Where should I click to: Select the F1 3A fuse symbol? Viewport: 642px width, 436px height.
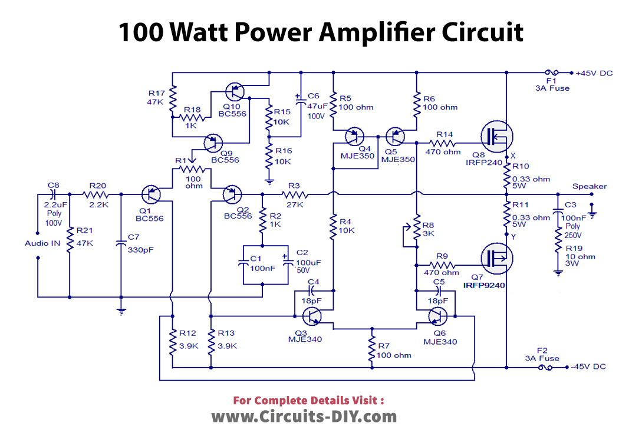[x=551, y=73]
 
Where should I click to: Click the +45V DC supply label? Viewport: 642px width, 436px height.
[x=594, y=73]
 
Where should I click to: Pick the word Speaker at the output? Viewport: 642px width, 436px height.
[x=589, y=186]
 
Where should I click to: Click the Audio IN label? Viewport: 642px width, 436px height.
[x=43, y=243]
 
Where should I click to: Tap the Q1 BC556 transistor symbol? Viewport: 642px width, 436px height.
[x=153, y=194]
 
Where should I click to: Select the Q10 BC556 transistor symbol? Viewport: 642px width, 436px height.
[x=236, y=92]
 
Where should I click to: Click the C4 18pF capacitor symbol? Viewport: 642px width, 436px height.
[x=313, y=290]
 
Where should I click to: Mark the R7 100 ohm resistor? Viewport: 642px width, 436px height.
[x=372, y=349]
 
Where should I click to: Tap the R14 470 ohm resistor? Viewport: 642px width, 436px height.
[x=445, y=143]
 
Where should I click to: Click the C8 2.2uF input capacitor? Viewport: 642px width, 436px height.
[x=52, y=194]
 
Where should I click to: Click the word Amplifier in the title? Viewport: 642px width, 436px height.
[x=370, y=32]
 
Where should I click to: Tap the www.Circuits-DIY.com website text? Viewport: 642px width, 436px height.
[x=304, y=417]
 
